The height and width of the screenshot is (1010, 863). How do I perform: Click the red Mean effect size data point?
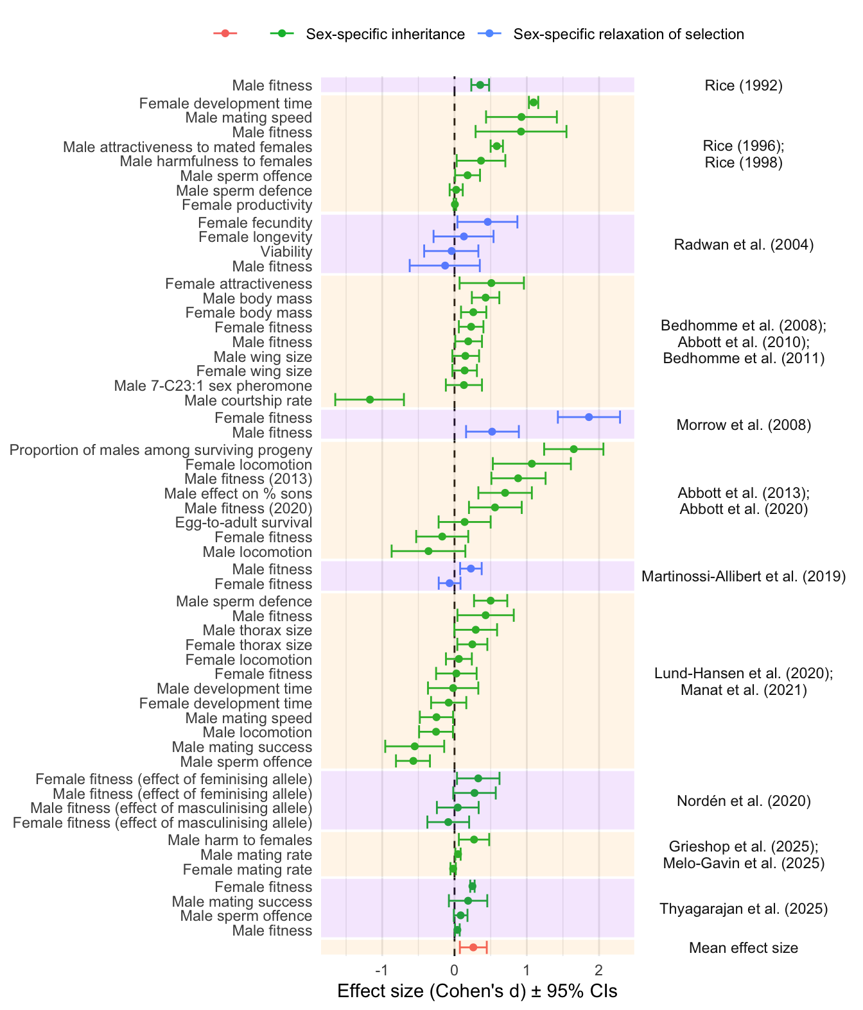(473, 947)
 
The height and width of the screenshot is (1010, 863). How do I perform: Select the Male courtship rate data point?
(370, 400)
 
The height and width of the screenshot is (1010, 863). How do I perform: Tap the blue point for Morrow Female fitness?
(589, 417)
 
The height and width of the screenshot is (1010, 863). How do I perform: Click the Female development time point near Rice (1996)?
(533, 103)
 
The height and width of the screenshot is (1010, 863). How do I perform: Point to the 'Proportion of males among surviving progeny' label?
(161, 450)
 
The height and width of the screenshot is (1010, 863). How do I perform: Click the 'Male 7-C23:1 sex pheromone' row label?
(213, 386)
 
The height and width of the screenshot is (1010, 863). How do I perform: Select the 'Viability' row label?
(286, 252)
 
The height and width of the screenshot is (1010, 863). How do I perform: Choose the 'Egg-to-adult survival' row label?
(244, 522)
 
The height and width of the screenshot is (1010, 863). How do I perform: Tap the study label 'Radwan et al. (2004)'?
(744, 244)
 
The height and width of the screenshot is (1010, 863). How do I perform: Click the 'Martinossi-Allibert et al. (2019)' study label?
(744, 576)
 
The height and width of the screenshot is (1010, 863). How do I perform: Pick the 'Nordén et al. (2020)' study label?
(744, 801)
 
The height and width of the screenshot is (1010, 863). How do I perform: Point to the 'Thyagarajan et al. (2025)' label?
(744, 909)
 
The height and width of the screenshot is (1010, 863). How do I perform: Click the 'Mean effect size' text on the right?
(744, 948)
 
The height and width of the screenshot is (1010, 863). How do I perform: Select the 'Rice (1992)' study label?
(744, 85)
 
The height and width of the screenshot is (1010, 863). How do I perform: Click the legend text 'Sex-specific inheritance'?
(385, 34)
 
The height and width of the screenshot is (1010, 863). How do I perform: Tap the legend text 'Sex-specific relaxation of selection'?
(629, 34)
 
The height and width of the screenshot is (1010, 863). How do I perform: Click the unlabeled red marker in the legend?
(225, 33)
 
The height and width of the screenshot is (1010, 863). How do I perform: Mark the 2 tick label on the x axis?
(599, 968)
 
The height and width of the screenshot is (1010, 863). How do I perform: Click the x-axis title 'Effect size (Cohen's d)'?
(477, 991)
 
